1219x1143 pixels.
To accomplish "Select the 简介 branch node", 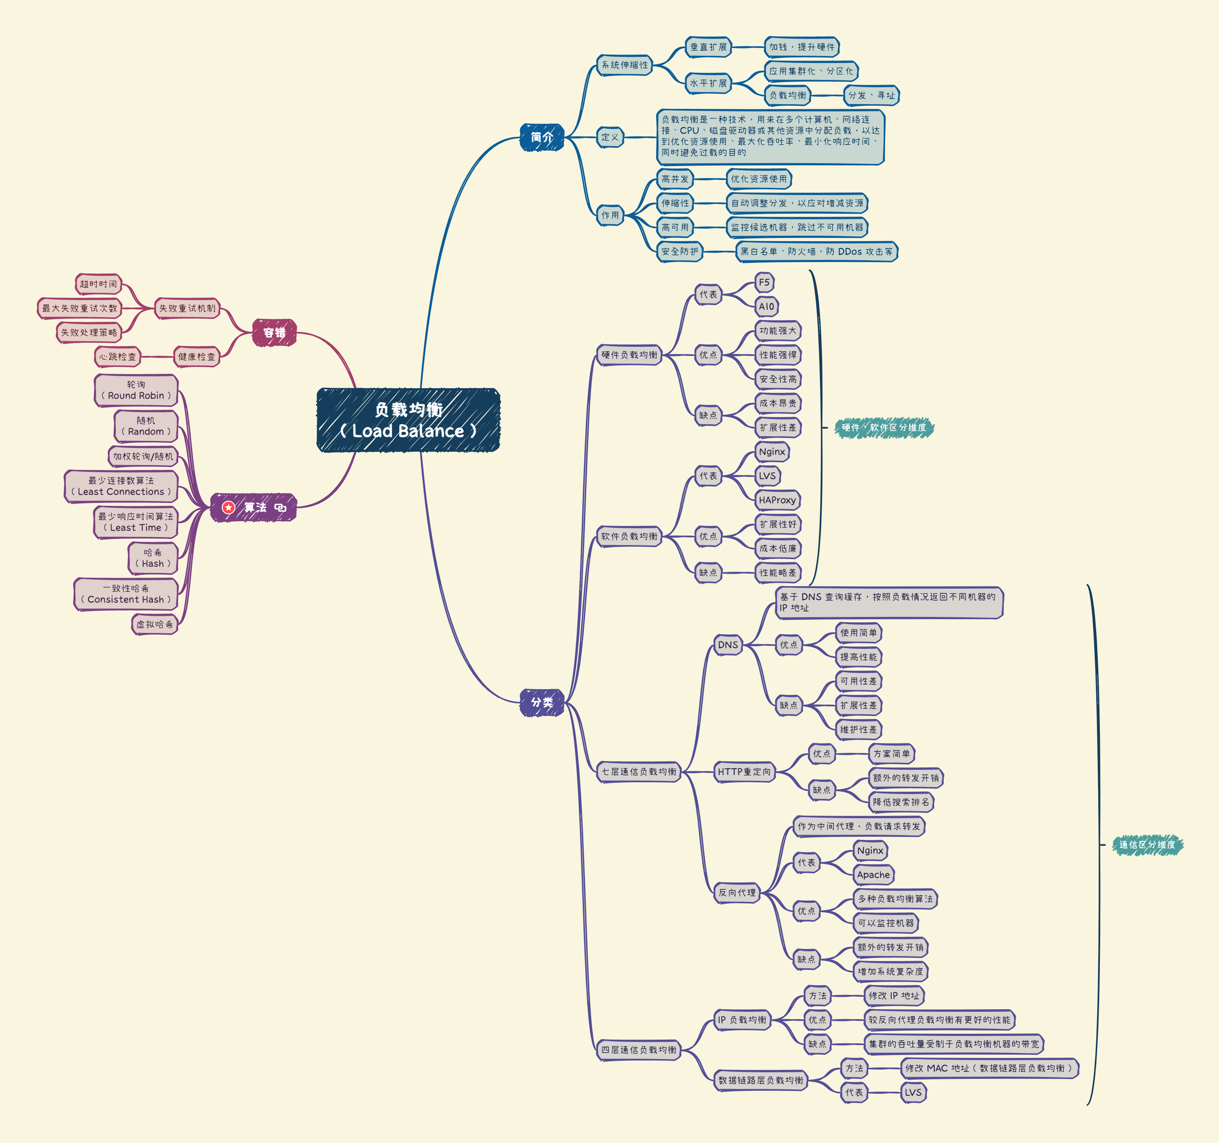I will point(541,137).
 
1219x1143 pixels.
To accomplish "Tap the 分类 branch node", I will point(541,702).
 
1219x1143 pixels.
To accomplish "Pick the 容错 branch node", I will point(274,332).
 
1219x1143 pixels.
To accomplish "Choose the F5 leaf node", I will point(764,283).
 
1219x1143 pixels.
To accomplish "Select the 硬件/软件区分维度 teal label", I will point(884,427).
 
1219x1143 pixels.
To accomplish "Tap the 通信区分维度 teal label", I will point(1147,844).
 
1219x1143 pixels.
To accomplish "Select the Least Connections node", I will point(121,486).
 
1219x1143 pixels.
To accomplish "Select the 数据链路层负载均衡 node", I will point(761,1080).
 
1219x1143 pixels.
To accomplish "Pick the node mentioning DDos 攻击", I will point(816,251).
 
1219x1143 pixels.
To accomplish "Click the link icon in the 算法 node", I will point(281,508).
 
